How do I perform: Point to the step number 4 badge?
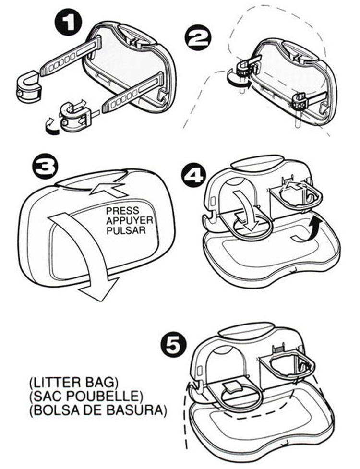point(194,176)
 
